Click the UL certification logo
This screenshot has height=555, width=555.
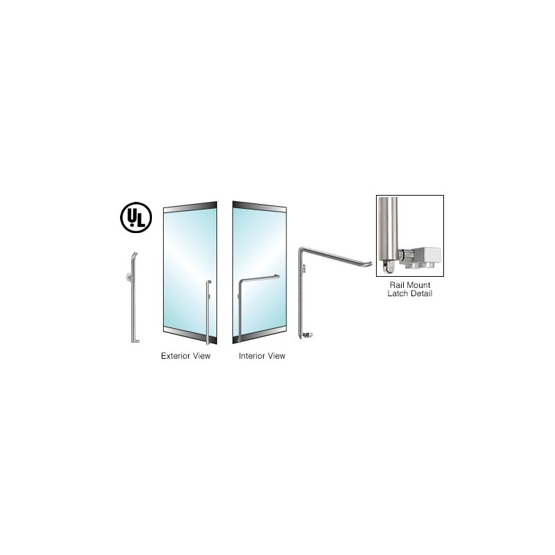click(x=136, y=217)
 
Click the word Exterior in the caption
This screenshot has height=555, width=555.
click(x=176, y=356)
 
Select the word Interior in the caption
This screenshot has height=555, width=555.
click(x=252, y=356)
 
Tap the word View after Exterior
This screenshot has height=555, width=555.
click(x=202, y=356)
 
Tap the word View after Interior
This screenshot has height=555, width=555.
click(x=277, y=356)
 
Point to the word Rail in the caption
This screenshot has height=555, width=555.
click(x=397, y=285)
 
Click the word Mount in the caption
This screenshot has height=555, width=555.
click(x=418, y=285)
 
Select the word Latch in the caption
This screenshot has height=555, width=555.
click(x=398, y=293)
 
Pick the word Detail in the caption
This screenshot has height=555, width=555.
click(x=422, y=293)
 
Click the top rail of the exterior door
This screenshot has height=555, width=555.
click(x=190, y=207)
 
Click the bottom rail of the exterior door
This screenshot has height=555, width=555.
click(x=190, y=335)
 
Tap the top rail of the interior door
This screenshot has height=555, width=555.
click(x=259, y=207)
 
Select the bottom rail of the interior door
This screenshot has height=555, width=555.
click(x=259, y=335)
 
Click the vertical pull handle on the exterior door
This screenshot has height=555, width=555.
click(x=207, y=312)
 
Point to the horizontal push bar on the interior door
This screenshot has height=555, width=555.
click(x=259, y=279)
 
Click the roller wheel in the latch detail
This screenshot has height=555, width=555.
click(x=389, y=268)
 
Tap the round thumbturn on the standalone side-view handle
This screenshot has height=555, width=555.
click(x=129, y=277)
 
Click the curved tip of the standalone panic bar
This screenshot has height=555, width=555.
click(x=368, y=264)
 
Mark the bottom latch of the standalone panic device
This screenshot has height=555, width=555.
click(x=307, y=335)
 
